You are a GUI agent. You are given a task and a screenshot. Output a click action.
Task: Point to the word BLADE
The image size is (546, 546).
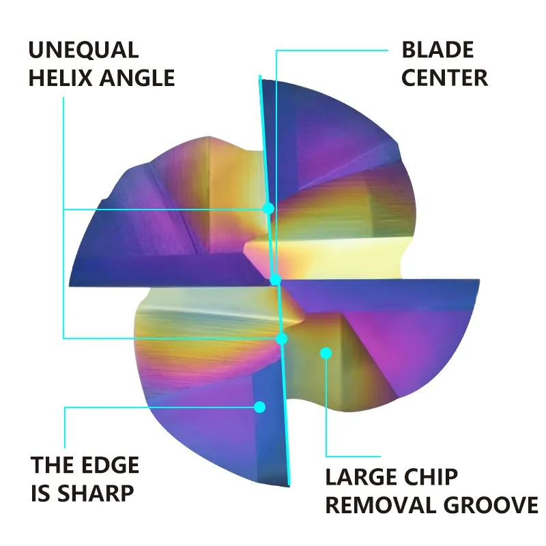coord(437,50)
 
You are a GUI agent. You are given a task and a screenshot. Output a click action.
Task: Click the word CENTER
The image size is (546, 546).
coord(444,78)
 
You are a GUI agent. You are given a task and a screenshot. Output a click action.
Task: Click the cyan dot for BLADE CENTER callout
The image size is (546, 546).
coord(275,279)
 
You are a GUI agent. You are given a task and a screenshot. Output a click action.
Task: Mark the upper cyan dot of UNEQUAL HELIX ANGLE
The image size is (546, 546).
coord(269,207)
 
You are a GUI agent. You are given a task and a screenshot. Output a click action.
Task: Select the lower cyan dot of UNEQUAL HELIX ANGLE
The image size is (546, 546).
coord(282,338)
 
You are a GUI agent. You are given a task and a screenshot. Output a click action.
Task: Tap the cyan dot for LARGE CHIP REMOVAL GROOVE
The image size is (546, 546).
coord(326,353)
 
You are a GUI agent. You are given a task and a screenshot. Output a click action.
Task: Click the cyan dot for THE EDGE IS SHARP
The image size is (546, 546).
coord(259,407)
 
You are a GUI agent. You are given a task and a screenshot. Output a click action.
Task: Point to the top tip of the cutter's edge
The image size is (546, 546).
coord(260,76)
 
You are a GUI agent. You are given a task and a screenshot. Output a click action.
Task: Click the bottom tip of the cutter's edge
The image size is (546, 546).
coord(290,486)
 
